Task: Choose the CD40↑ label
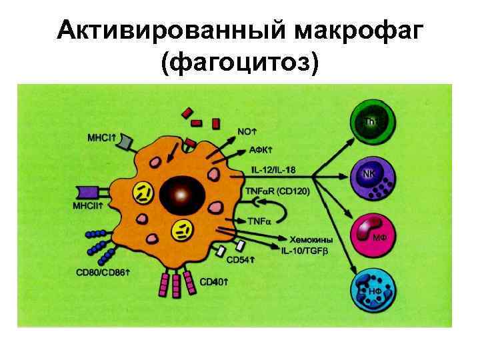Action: [x=215, y=283]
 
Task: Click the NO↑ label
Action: [x=247, y=131]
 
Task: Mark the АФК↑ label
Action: [x=250, y=150]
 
